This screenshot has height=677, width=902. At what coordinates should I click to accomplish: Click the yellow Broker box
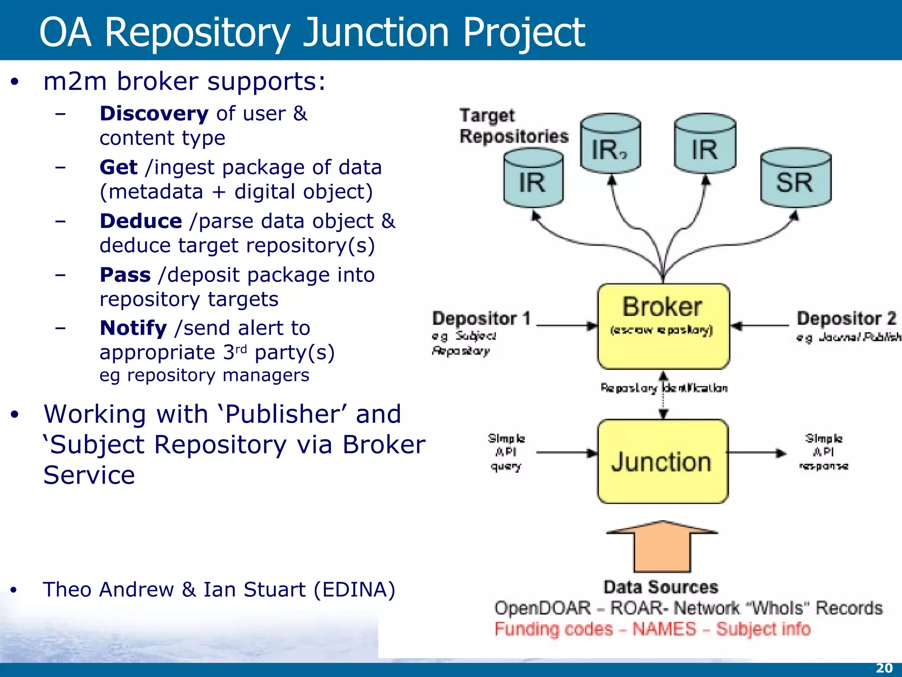(x=663, y=326)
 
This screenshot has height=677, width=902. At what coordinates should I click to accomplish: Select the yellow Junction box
(x=662, y=461)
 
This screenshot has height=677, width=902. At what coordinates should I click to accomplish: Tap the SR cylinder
(x=795, y=179)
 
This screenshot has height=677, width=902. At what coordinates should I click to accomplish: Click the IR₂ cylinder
(x=610, y=145)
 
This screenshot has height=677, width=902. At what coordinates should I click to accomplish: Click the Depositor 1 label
(x=481, y=319)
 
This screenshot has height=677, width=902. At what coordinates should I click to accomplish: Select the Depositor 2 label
(x=846, y=319)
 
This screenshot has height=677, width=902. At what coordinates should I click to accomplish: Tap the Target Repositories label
(x=513, y=126)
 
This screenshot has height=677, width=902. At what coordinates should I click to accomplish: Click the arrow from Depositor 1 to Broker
(x=566, y=326)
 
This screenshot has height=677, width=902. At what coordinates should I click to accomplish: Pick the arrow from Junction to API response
(x=755, y=453)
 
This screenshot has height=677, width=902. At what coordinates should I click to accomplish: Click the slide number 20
(x=884, y=668)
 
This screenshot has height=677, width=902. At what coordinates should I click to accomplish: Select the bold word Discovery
(x=154, y=114)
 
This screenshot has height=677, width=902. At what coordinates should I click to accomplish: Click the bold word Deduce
(x=140, y=221)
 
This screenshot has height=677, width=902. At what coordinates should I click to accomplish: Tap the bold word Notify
(x=133, y=328)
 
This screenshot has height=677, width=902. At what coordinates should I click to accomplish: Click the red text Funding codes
(x=553, y=629)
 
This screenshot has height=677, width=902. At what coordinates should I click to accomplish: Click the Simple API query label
(x=506, y=452)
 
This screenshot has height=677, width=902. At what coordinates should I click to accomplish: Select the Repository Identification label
(x=663, y=388)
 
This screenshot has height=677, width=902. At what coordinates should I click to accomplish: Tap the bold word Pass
(x=125, y=275)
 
